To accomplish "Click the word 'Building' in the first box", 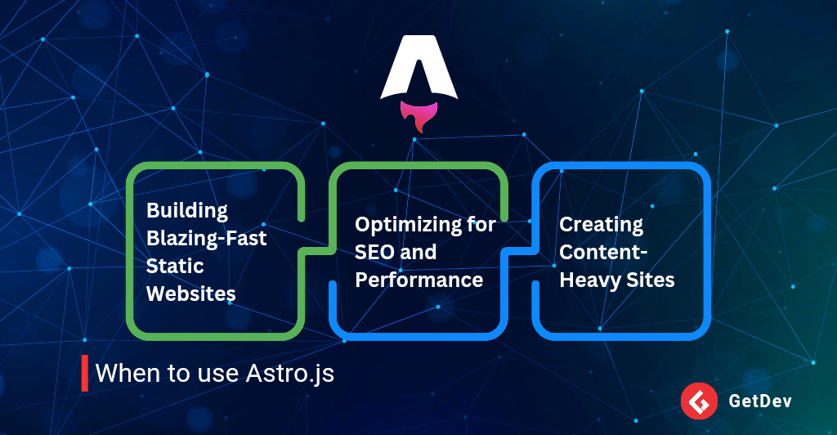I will coord(176,210).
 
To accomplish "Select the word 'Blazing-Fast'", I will coord(206,238).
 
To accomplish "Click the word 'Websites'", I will coord(190,294).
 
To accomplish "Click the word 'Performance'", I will coord(418,280).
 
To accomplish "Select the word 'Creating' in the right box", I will coord(601,224).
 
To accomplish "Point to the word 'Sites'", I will coord(651,280).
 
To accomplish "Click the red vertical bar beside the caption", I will coord(84,374).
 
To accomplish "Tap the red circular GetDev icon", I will coord(698,401).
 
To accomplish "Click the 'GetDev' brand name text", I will coord(759,401).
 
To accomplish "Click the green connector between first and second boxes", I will coord(315,247).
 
